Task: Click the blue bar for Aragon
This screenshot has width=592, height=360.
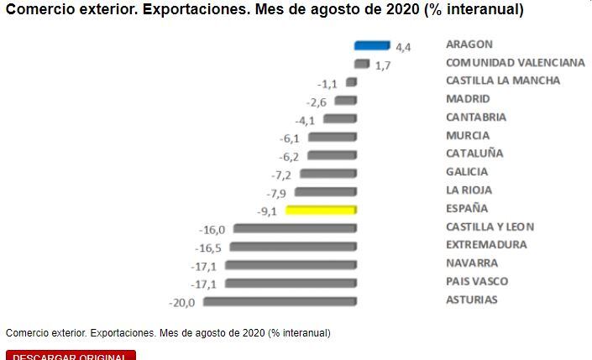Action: [x=372, y=45]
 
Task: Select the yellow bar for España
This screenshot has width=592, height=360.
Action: [x=321, y=209]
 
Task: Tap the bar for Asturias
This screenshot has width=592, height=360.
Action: [x=280, y=301]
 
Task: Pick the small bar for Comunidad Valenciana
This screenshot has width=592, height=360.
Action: [x=362, y=64]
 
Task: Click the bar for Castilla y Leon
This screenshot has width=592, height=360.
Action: [x=295, y=227]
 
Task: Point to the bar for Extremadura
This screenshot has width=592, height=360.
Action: [x=293, y=246]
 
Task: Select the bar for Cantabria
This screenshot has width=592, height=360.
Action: [x=340, y=118]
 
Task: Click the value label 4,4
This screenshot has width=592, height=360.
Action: [x=403, y=47]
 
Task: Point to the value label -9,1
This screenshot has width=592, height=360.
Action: [x=269, y=211]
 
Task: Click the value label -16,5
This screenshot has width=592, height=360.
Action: [x=208, y=248]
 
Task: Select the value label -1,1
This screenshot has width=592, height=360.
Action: [x=327, y=84]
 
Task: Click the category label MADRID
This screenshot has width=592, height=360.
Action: [x=468, y=99]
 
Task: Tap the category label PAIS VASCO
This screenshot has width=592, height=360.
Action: [x=477, y=282]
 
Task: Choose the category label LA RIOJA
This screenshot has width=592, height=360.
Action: [x=469, y=190]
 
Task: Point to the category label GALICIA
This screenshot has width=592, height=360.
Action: [x=467, y=172]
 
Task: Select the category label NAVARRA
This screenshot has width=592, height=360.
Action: [x=471, y=263]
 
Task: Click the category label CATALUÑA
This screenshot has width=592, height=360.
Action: [x=474, y=154]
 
